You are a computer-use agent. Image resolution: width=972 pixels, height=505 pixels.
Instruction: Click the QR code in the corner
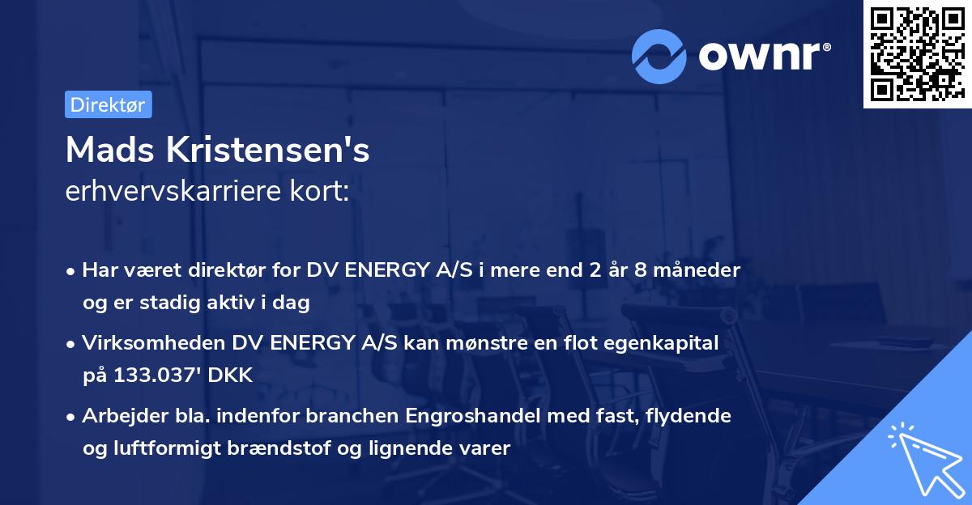(x=917, y=54)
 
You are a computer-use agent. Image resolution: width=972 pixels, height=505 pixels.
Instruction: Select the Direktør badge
(x=108, y=104)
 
